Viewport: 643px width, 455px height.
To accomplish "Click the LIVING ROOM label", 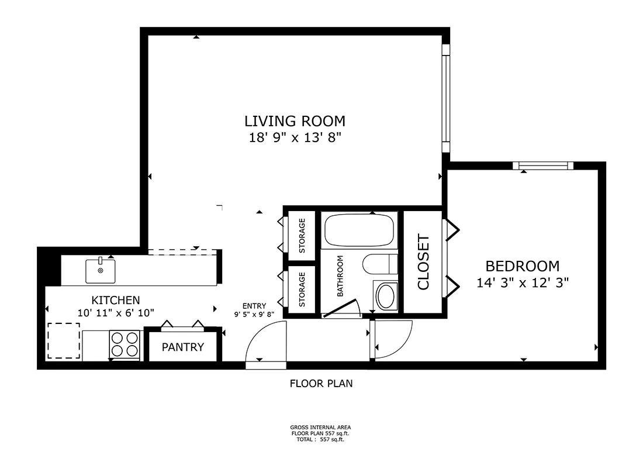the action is tap(295, 121).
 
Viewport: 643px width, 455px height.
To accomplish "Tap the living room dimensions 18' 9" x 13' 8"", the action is tap(295, 137).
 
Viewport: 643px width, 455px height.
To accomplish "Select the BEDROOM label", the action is tap(523, 266).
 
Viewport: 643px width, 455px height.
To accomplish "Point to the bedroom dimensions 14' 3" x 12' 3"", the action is tap(523, 282).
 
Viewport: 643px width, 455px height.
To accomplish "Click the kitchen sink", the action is tap(100, 270).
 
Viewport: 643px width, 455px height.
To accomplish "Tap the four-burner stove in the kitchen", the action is tap(125, 344).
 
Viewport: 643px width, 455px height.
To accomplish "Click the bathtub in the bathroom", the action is tap(359, 230).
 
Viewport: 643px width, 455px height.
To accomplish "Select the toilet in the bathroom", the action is tap(380, 264).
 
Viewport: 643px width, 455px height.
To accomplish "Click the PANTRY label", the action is tap(182, 347).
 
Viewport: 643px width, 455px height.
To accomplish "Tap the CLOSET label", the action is tap(423, 262).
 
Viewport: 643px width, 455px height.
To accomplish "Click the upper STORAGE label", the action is tap(302, 236).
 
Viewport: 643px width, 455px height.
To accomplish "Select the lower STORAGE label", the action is tap(302, 289).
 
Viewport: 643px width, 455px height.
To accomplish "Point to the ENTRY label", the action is tap(254, 306).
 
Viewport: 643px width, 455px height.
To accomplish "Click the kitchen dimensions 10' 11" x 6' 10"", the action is tap(116, 313).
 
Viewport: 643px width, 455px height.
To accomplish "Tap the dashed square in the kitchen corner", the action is tap(64, 340).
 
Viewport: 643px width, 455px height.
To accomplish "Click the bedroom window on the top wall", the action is tap(543, 166).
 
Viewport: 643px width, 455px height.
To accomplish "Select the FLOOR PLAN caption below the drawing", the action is tap(321, 384).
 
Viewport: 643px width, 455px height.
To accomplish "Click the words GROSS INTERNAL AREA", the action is tap(321, 427).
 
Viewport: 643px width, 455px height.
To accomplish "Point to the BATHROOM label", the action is tap(340, 276).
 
